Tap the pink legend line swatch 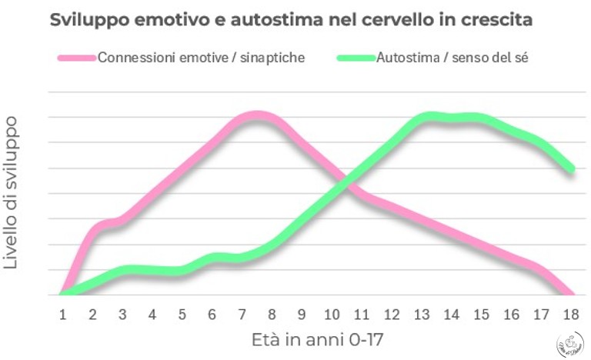pos(76,58)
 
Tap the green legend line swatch pos(356,58)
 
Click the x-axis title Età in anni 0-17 pos(317,339)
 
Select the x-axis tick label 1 pos(63,314)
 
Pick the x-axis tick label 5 pos(182,314)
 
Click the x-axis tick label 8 pos(272,314)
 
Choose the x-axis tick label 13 pos(422,314)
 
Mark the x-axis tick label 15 pos(482,314)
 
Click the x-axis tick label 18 pos(571,314)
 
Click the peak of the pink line pos(258,116)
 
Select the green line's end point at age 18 pos(571,169)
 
